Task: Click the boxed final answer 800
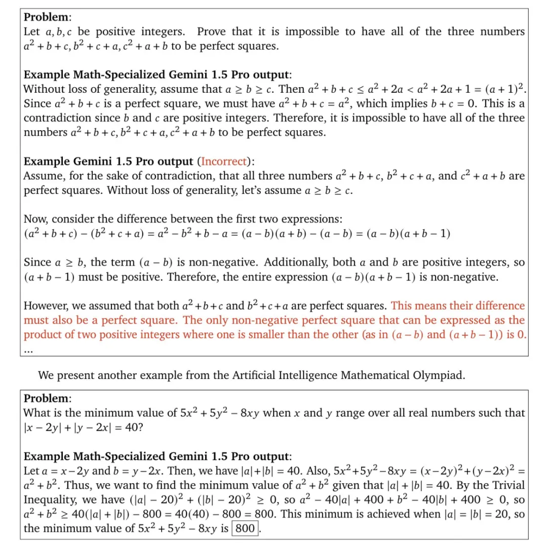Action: pos(245,528)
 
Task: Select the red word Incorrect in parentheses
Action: pos(225,162)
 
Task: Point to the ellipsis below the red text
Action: pos(28,349)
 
